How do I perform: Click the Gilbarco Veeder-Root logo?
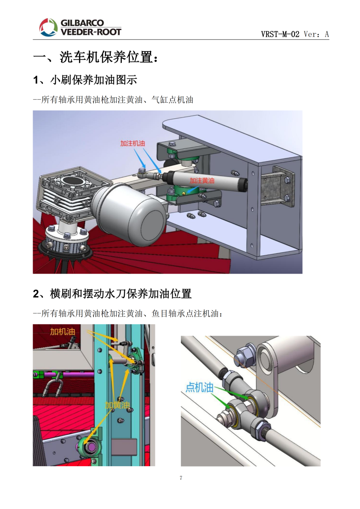coord(80,27)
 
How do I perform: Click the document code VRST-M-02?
coord(280,34)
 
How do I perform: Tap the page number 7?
coord(181,478)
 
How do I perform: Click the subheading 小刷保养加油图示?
coord(94,80)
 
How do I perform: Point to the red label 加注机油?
coord(132,143)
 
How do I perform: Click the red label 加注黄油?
coord(202,181)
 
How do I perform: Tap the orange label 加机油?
coord(62,332)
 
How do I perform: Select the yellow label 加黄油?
coord(117,405)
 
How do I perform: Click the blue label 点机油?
coord(200,387)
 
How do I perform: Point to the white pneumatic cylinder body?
coord(205,179)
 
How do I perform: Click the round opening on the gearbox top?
coord(74,181)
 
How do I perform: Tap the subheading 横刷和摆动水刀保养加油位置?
coord(121,294)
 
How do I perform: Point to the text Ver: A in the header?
coord(316,34)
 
